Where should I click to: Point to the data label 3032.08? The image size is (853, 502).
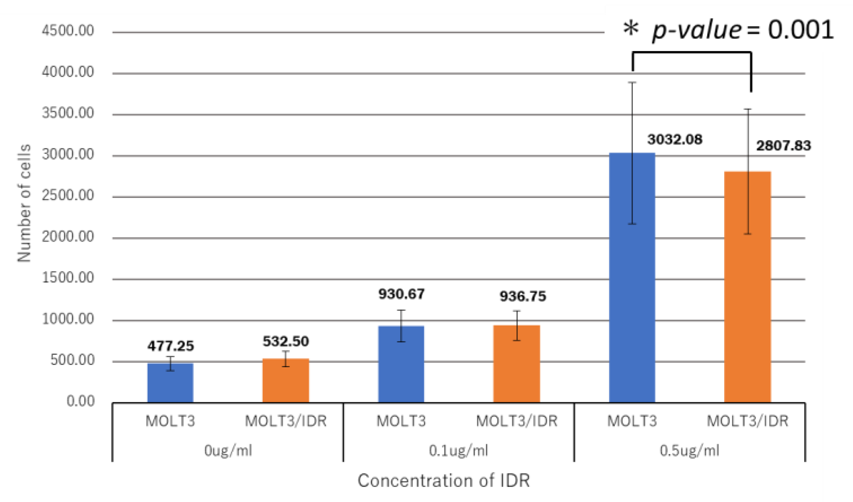tap(675, 140)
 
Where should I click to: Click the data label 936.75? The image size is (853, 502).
tap(522, 296)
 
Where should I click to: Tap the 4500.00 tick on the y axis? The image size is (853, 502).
tap(68, 31)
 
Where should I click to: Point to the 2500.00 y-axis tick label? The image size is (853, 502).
tap(68, 195)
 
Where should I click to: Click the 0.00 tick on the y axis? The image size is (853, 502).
tap(80, 401)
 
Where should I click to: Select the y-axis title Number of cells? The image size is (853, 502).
tap(24, 203)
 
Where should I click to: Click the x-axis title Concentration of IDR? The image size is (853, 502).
tap(444, 481)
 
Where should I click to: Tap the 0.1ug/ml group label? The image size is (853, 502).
tap(458, 450)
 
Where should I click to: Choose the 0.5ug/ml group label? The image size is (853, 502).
tap(689, 450)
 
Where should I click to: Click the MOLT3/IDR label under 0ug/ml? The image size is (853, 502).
tap(285, 421)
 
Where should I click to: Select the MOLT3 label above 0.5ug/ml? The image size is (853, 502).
tap(632, 421)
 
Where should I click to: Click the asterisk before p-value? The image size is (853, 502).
tap(631, 29)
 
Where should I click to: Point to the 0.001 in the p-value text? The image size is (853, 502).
tap(800, 30)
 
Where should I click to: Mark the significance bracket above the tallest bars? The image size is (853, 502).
tap(692, 53)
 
